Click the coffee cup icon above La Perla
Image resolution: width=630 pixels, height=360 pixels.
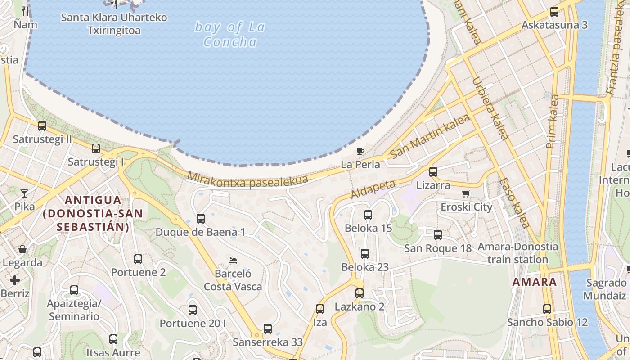360,151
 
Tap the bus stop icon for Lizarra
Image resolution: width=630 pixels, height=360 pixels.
433,171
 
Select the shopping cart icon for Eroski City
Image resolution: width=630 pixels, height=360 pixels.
466,193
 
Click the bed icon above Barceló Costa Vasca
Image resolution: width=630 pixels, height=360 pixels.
233,260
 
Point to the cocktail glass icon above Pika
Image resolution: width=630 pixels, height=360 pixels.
24,193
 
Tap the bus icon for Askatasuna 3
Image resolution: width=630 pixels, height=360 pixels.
554,11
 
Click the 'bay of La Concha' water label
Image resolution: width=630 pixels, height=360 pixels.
230,34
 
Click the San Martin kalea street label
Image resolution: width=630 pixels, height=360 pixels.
430,136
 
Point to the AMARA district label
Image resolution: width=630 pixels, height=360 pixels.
535,282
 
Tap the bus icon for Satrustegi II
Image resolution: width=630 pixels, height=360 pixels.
42,126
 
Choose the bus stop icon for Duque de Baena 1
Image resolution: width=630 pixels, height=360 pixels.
201,219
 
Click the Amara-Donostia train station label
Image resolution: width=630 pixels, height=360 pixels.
517,253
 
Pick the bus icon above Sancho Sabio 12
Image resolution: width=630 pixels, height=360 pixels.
547,309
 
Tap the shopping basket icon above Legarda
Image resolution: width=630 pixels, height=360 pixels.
22,249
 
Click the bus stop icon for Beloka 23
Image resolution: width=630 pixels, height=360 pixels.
365,253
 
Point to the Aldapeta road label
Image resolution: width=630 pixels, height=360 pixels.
373,189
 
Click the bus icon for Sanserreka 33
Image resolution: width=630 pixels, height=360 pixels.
268,328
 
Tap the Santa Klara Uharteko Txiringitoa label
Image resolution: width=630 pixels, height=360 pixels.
114,24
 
